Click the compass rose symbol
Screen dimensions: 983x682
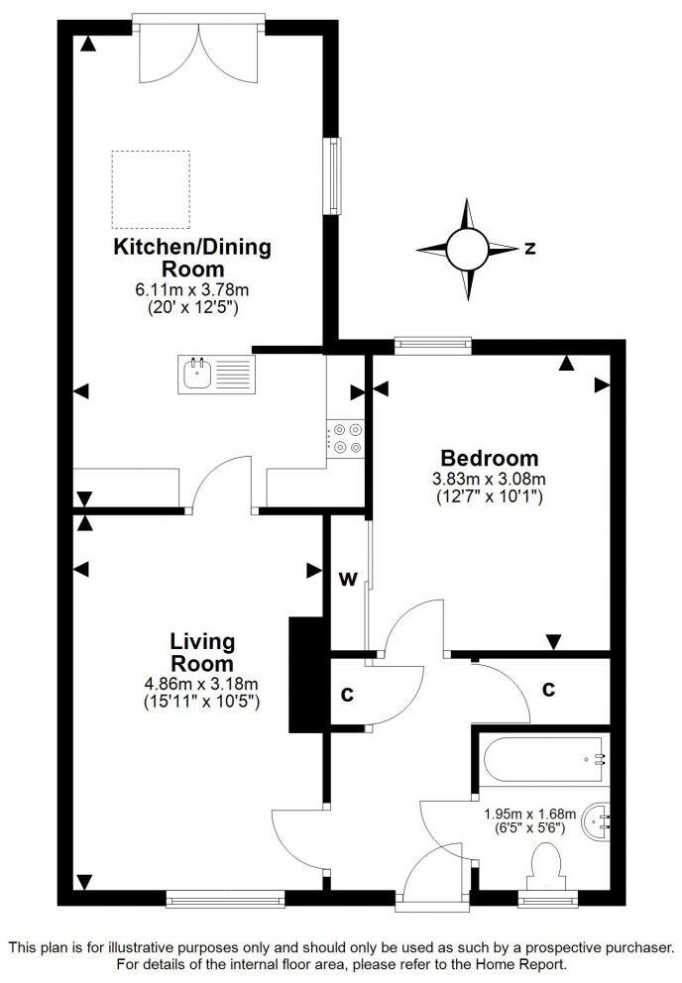(466, 249)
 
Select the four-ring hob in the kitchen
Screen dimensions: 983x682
(347, 438)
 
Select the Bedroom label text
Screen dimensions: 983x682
(490, 458)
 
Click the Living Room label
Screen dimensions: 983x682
(201, 651)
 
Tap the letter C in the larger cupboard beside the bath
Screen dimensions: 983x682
(548, 689)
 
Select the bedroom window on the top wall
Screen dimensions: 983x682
(431, 344)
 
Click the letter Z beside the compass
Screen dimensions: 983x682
(530, 249)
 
